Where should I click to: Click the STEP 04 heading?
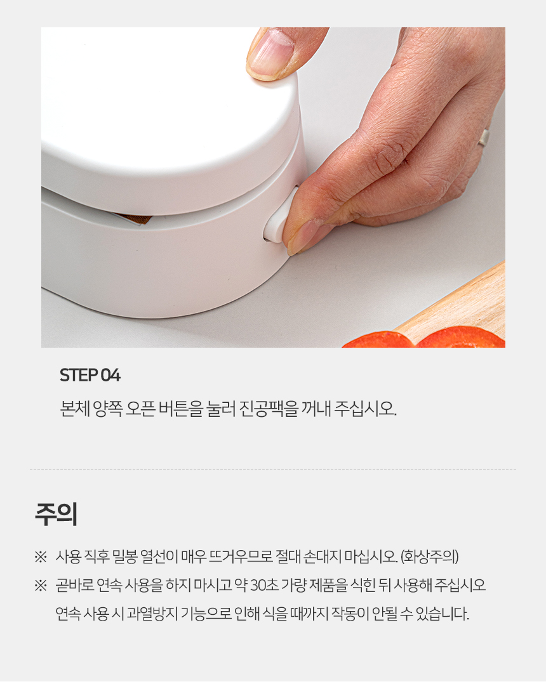coord(90,375)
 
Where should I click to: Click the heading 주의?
coord(57,514)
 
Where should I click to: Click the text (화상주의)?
coord(429,556)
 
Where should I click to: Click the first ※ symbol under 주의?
coord(41,557)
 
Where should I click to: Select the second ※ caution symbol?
coord(41,586)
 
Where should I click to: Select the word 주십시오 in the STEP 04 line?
coord(365,409)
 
